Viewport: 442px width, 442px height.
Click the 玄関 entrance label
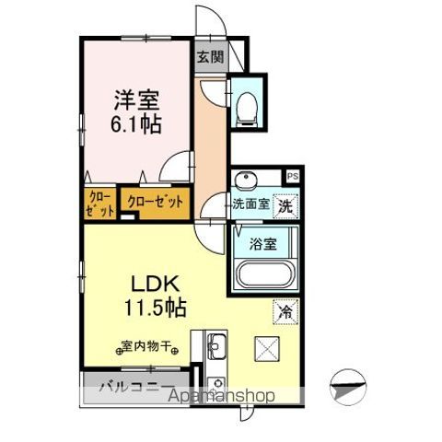point(210,56)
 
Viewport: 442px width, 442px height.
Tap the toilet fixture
point(246,109)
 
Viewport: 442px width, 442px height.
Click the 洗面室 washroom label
point(250,204)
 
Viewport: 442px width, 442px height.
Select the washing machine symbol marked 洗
point(286,204)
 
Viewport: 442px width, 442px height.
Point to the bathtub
point(265,276)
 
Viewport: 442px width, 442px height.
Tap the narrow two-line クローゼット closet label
point(99,204)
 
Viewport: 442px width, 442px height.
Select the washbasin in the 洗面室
point(246,180)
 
